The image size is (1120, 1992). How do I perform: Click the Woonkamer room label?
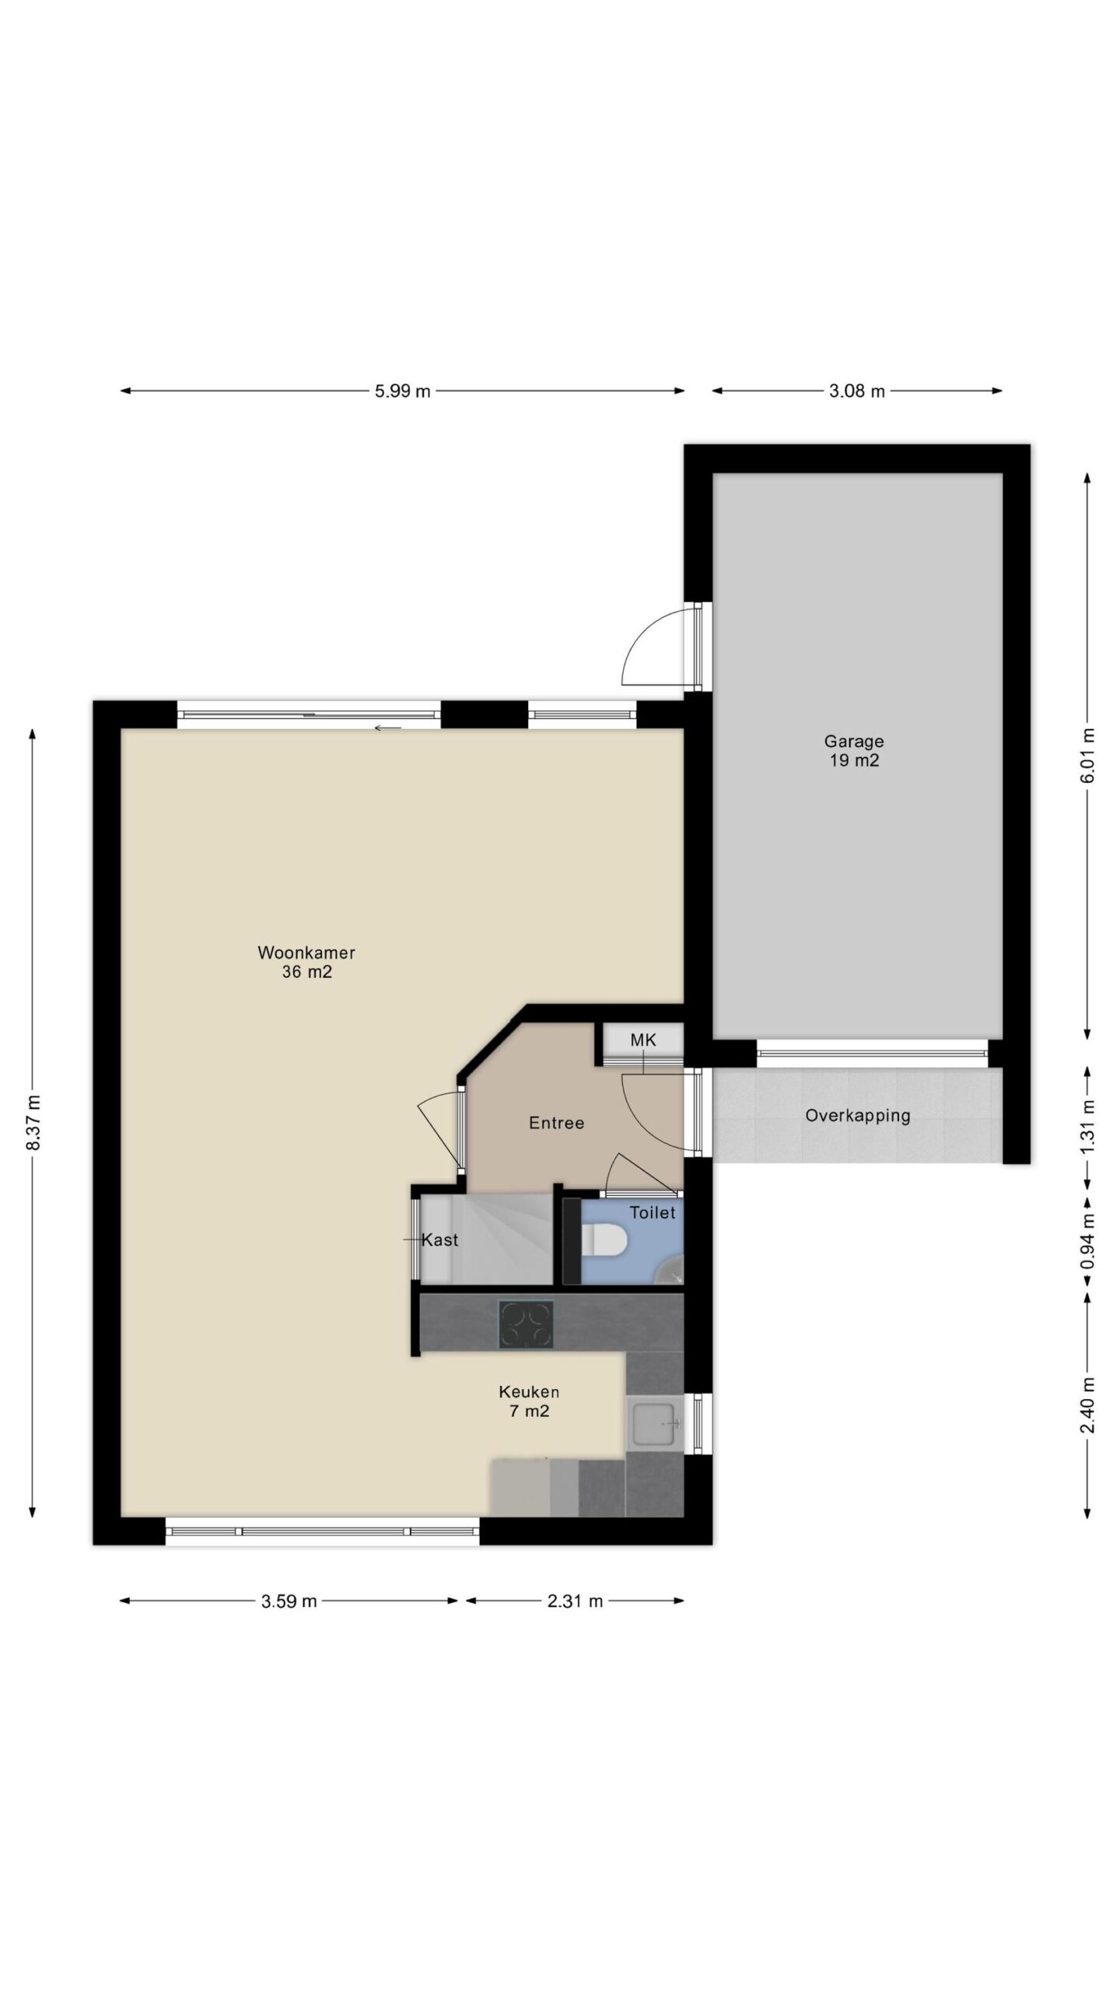point(306,952)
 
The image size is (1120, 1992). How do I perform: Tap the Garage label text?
point(854,742)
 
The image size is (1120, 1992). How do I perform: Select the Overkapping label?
point(857,1116)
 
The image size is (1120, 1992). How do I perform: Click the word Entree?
point(556,1123)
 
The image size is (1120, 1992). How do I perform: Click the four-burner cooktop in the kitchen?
point(526,1324)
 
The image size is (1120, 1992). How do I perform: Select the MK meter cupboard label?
point(643,1040)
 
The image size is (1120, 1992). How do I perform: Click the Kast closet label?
point(439,1240)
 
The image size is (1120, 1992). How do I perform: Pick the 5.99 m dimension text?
point(402,391)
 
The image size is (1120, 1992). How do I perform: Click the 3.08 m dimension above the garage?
point(857,391)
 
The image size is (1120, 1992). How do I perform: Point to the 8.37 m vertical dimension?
point(32,1123)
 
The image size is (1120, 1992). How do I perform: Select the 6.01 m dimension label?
point(1087,756)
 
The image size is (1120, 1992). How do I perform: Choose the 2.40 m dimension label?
point(1087,1405)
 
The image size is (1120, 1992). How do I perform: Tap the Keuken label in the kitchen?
point(529,1391)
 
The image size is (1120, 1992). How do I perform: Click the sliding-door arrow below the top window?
point(387,728)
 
